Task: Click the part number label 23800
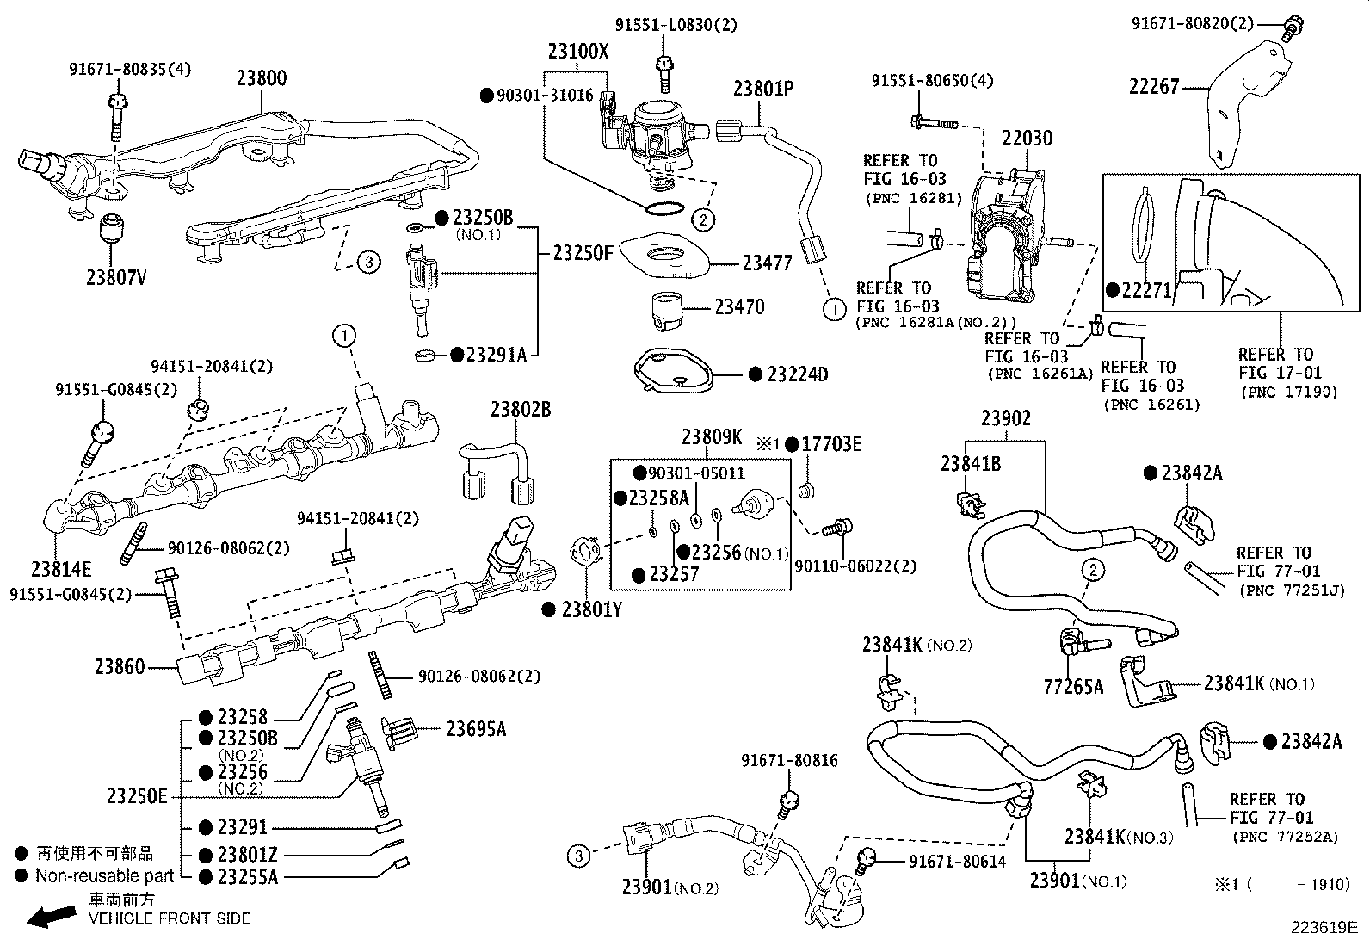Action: coord(262,78)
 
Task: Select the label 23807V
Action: coord(115,277)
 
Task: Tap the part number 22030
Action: coord(1027,139)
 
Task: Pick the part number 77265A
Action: coord(1072,686)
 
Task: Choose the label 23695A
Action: coord(475,729)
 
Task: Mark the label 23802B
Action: coord(521,409)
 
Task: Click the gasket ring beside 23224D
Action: coord(671,372)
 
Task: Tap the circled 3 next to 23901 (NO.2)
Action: coord(578,856)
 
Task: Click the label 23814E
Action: coord(61,569)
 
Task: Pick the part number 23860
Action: coord(120,666)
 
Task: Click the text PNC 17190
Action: coord(1289,393)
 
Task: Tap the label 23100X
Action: coord(577,52)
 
